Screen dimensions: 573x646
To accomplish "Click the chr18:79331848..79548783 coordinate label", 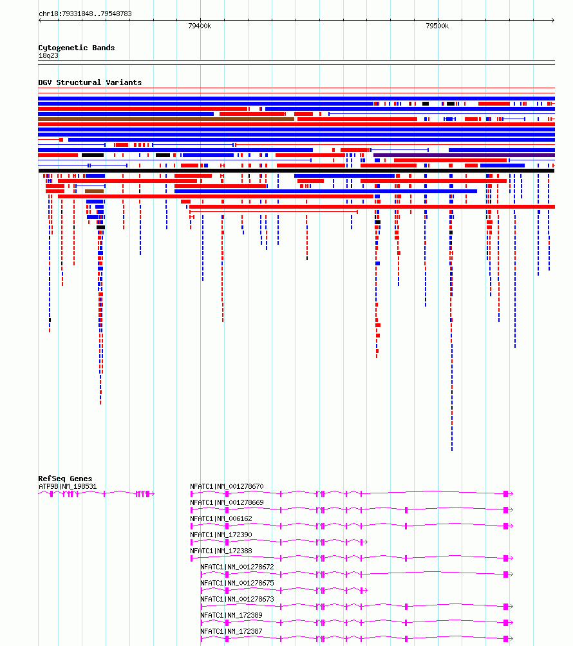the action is click(85, 14).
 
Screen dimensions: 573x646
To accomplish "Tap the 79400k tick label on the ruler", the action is click(200, 26).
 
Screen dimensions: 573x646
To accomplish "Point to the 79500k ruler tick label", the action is click(437, 26).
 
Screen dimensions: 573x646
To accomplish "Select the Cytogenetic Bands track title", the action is click(77, 48).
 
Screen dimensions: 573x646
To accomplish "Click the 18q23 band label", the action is click(48, 55).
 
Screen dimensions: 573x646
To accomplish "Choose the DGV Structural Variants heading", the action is click(89, 82).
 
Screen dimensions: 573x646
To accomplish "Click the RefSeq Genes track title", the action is click(65, 479).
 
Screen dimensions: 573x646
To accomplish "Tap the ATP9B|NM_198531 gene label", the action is click(68, 486).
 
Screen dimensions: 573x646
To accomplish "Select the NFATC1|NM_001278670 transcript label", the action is click(227, 486).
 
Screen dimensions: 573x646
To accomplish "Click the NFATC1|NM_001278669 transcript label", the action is click(227, 502).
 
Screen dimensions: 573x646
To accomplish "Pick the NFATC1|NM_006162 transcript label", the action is click(221, 518).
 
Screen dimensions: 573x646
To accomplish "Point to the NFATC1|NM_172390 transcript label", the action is click(221, 535).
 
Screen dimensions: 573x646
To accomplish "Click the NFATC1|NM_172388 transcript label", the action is click(221, 551).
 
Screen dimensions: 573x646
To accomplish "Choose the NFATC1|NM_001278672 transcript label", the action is click(237, 567).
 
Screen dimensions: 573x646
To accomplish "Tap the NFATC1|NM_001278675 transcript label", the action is click(237, 583).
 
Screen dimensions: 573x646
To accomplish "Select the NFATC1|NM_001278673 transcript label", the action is click(237, 599).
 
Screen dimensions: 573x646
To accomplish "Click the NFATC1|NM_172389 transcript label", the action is click(231, 615).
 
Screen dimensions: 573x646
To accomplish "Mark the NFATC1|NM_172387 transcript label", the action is click(231, 631).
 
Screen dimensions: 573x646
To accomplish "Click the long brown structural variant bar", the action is click(166, 119).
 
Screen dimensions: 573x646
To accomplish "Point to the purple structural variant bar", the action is click(464, 155).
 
